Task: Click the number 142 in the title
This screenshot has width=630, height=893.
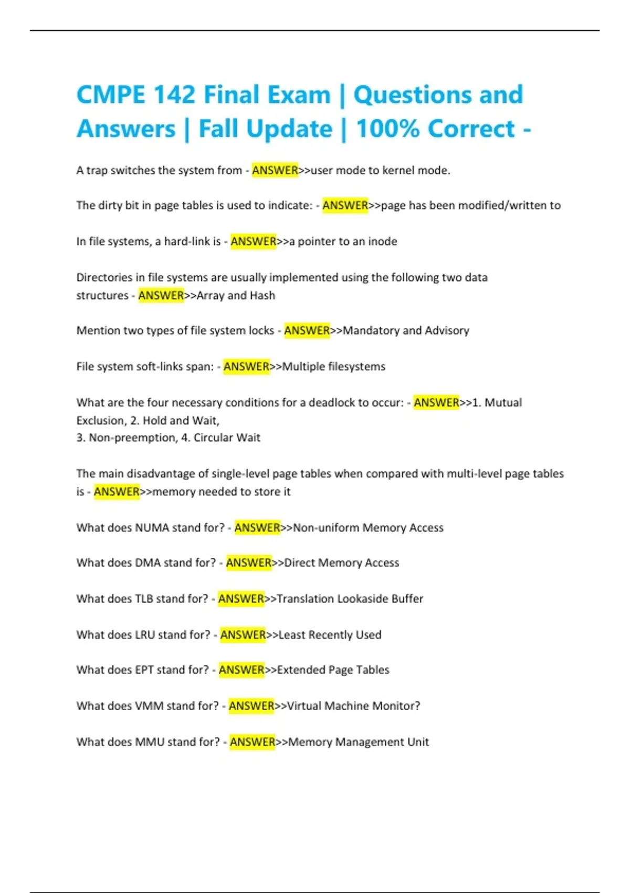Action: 174,95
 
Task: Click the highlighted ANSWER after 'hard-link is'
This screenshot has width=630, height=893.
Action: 253,242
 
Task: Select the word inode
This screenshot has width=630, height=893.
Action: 382,242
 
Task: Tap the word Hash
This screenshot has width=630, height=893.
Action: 262,295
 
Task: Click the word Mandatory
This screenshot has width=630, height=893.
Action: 371,330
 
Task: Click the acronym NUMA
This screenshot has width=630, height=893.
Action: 152,527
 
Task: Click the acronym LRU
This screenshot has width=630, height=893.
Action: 145,635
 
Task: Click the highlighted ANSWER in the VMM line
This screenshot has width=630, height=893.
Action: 251,705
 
